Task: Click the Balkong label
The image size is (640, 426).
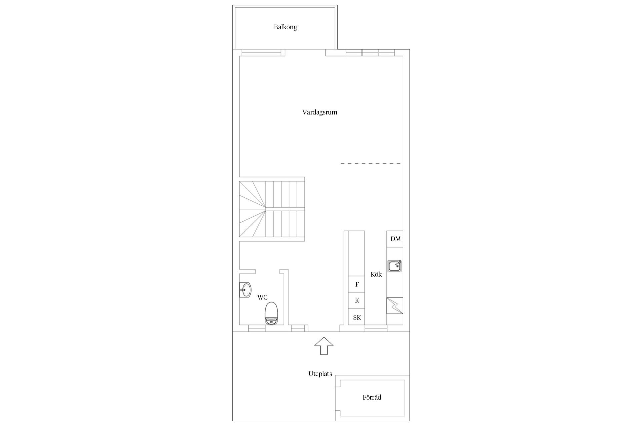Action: click(x=285, y=27)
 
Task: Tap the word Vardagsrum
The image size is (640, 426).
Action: click(x=320, y=112)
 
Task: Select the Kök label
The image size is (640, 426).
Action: click(x=376, y=275)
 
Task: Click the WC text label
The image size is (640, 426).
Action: click(x=262, y=298)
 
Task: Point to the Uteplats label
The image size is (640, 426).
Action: click(x=320, y=374)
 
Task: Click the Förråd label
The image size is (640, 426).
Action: click(x=372, y=397)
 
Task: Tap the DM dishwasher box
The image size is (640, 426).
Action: click(x=395, y=239)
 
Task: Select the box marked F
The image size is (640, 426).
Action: click(x=357, y=284)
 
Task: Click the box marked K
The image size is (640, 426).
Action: click(x=357, y=300)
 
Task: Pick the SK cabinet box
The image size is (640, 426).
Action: click(x=357, y=317)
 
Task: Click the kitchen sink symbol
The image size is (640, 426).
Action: click(x=395, y=266)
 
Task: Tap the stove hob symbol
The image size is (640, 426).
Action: click(x=395, y=306)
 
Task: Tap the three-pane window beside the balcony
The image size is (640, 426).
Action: click(x=370, y=53)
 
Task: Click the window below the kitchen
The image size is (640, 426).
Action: click(x=376, y=329)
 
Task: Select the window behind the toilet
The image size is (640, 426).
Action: click(x=257, y=329)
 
